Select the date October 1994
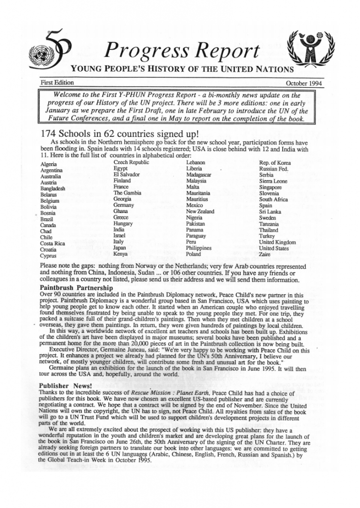coord(303,83)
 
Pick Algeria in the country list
coord(48,164)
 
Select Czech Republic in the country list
coord(131,162)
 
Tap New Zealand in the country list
coord(200,211)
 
